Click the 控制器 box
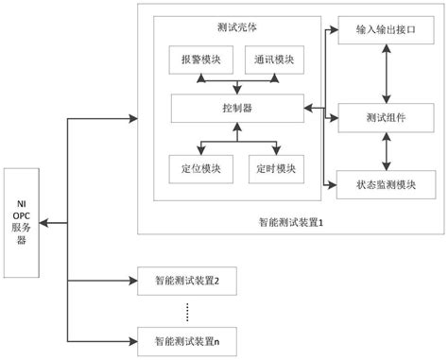[237, 108]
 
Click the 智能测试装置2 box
[186, 281]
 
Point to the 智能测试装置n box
[186, 338]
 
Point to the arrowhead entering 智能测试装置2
[132, 281]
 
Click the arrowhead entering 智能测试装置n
[132, 338]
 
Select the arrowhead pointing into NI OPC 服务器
[45, 223]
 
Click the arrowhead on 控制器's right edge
[307, 108]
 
